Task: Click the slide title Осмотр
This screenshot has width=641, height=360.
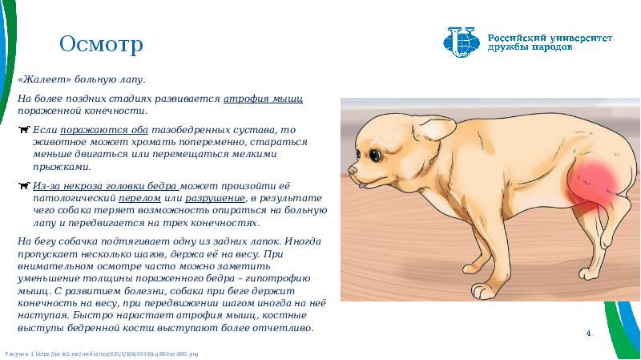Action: point(102,44)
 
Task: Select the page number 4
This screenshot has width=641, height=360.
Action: point(589,332)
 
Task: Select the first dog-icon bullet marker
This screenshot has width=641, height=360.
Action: point(24,129)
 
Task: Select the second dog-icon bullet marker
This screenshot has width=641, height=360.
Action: point(24,186)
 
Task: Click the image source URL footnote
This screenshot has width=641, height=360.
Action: point(102,353)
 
